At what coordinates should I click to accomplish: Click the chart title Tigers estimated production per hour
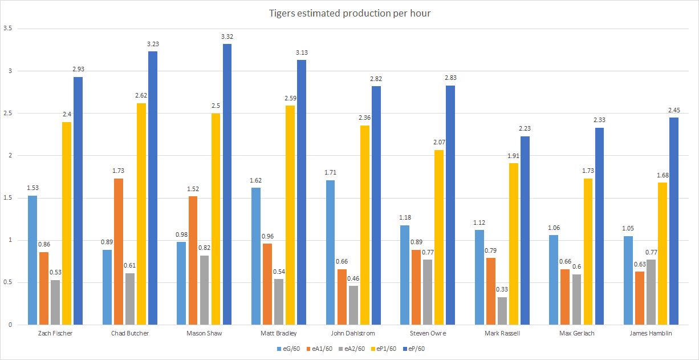point(349,13)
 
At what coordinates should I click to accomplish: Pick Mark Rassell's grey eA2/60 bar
point(502,311)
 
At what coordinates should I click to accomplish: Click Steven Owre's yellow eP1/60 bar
point(438,237)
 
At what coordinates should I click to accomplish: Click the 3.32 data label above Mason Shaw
point(227,37)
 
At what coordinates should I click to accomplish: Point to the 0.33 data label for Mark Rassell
point(502,289)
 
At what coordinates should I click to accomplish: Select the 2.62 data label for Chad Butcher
point(141,96)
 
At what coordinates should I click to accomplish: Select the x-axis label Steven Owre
point(428,333)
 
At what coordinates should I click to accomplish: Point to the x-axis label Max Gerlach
point(577,333)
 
